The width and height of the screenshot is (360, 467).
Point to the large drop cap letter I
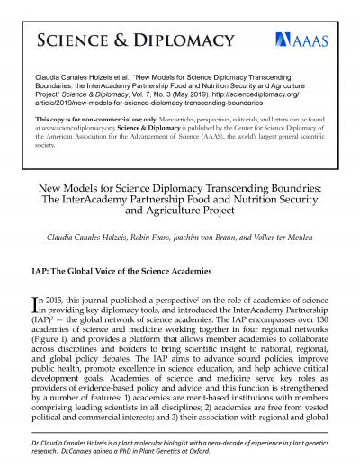coord(36,304)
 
